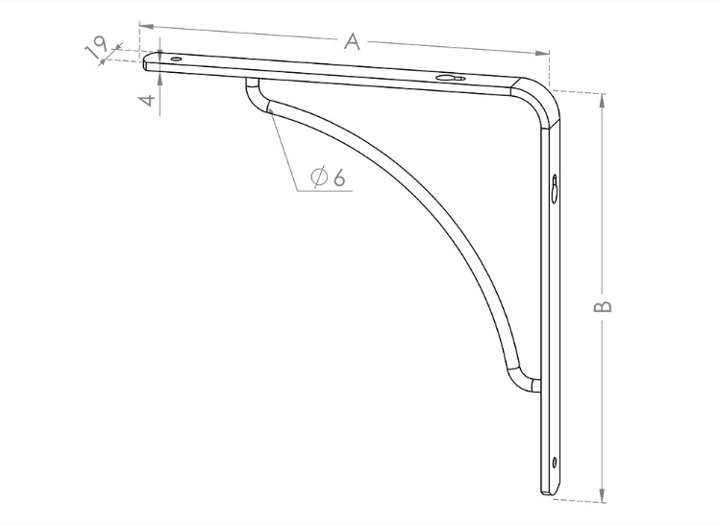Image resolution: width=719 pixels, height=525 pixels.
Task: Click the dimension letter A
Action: click(353, 40)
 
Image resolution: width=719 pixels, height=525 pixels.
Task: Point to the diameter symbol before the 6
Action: click(320, 178)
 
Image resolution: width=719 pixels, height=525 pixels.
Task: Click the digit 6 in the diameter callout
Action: click(339, 178)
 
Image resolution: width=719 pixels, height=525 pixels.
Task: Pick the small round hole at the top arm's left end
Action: click(176, 60)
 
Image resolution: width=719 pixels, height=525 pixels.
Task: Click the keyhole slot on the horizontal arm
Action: click(449, 79)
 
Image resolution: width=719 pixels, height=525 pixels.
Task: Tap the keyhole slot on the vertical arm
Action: click(556, 189)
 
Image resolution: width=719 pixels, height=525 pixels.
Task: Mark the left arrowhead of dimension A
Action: click(143, 26)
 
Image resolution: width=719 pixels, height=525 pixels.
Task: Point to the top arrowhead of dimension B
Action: click(603, 97)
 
